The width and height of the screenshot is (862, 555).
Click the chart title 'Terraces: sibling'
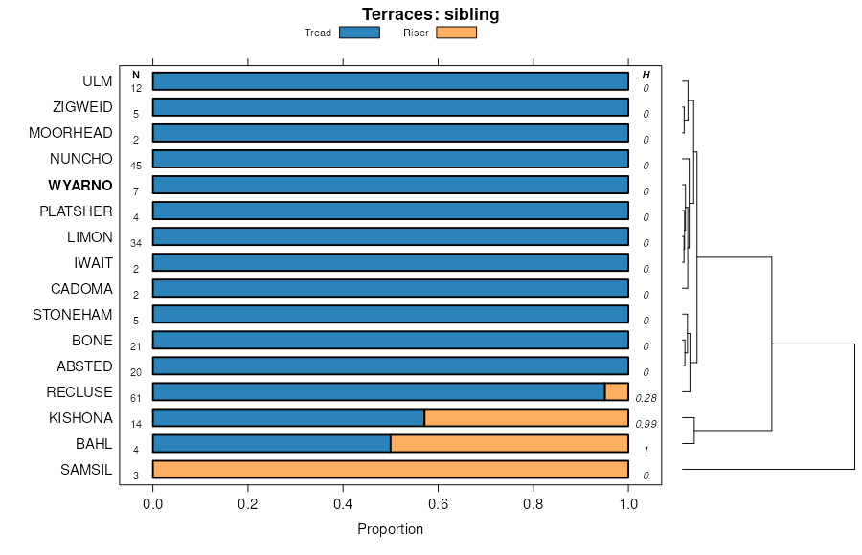430,14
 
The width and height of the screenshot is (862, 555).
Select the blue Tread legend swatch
359,33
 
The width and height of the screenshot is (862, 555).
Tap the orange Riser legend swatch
456,33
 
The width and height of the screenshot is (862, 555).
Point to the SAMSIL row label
86,470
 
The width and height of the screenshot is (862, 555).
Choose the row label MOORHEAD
71,133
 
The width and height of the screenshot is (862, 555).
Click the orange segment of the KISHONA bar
526,417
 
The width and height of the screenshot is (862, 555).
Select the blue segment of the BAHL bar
271,443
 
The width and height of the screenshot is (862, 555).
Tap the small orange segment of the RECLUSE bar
616,391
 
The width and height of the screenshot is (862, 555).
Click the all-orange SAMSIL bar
390,469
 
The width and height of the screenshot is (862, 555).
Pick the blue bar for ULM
390,81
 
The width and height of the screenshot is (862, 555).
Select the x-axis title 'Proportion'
390,529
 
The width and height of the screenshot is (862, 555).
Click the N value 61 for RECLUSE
136,398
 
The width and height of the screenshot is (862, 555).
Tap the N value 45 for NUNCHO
136,166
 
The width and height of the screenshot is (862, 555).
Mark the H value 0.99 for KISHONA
646,424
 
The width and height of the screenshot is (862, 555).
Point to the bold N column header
136,75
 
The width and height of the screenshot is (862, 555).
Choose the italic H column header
646,75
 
